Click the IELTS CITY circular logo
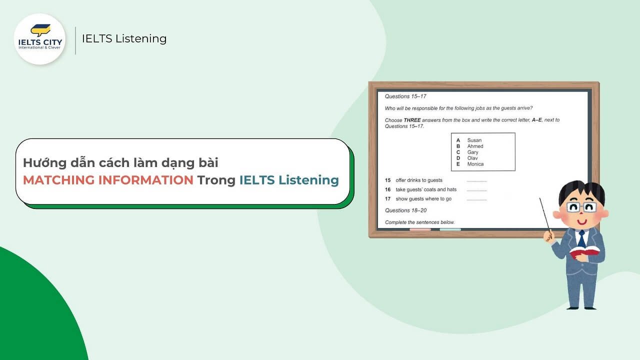coord(39,39)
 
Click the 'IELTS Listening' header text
coord(124,38)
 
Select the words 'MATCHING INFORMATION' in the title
coord(108,180)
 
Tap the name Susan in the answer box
coord(474,140)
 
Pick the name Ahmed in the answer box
coord(475,146)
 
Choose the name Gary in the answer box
coord(472,152)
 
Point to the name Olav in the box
coord(472,158)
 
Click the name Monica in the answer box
coord(475,164)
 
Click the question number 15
coord(387,180)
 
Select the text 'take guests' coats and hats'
coord(425,189)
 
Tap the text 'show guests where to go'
coord(423,199)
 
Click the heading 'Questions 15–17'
coord(405,96)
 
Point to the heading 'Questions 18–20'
coord(405,210)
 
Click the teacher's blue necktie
coord(581,239)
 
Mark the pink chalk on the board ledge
coord(420,229)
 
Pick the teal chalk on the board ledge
coord(450,229)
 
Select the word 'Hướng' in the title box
coord(39,163)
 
